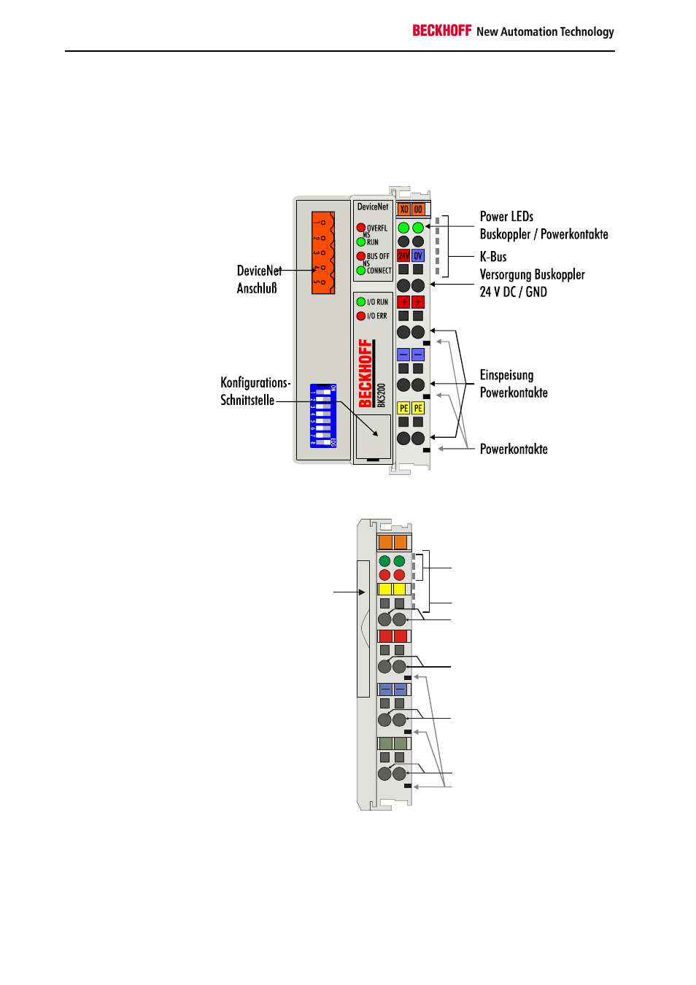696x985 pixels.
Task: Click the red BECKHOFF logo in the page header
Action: click(x=442, y=31)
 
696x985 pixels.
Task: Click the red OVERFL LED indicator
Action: click(x=360, y=228)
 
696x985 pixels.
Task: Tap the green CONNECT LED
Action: click(x=360, y=271)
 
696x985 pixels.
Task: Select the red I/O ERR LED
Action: click(x=360, y=316)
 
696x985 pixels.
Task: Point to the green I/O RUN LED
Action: click(x=360, y=301)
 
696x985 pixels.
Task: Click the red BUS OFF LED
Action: click(x=360, y=256)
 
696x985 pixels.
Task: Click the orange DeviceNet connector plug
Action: click(x=322, y=252)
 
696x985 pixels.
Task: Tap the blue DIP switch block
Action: click(x=322, y=416)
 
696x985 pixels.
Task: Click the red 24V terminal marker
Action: click(x=403, y=255)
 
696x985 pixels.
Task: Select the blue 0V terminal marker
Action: click(x=418, y=255)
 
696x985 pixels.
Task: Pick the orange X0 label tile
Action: click(x=403, y=209)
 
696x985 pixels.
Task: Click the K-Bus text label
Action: click(x=493, y=257)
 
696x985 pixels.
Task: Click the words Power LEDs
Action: click(x=506, y=217)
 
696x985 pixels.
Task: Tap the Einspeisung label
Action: click(x=506, y=375)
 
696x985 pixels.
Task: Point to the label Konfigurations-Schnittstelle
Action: click(x=255, y=391)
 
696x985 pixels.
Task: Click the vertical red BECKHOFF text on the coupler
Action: click(x=366, y=373)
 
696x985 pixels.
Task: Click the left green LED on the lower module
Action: click(x=384, y=561)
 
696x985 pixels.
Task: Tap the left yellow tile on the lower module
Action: click(x=385, y=589)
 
